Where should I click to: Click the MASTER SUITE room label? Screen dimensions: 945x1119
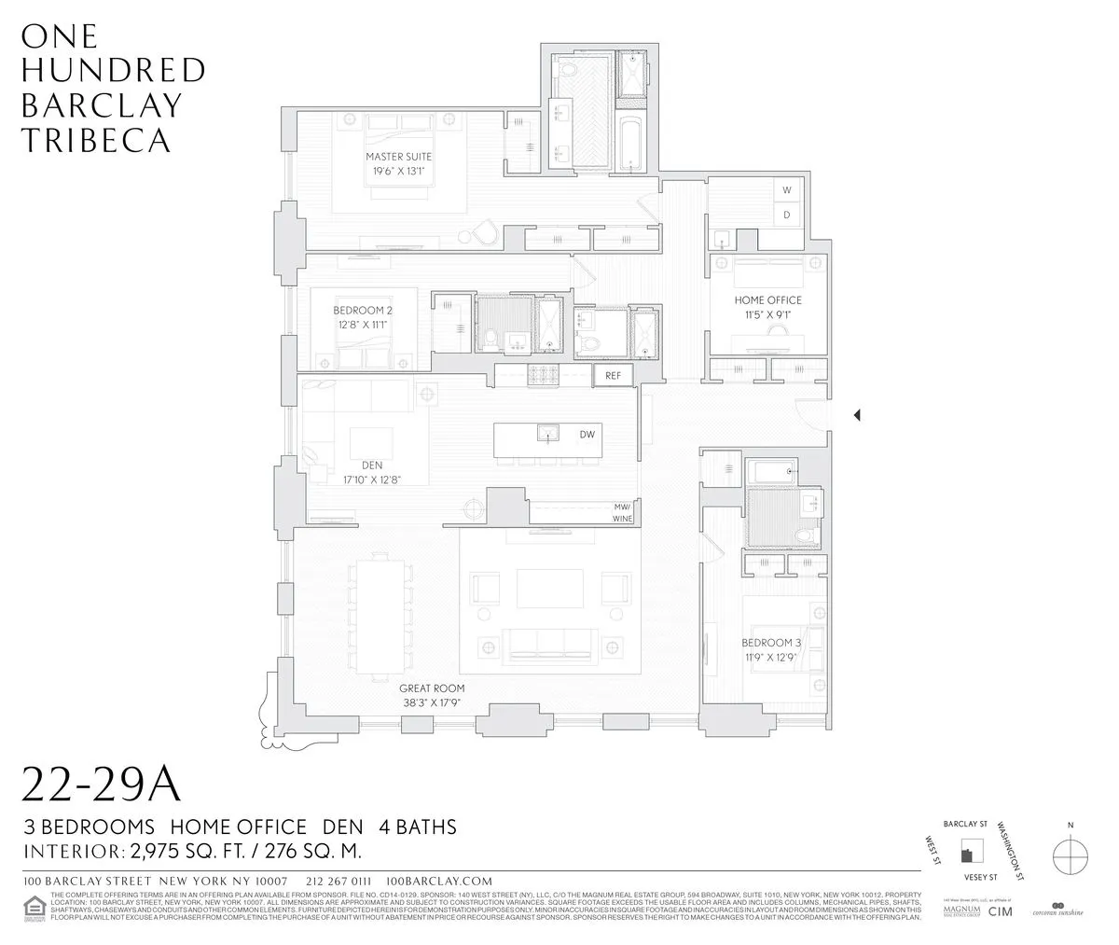pos(398,157)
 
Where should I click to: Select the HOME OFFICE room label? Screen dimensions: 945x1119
pos(767,300)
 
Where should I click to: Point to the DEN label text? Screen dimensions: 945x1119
pos(372,465)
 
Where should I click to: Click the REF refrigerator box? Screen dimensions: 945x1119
pos(614,375)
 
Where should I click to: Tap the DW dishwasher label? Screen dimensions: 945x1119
pos(587,435)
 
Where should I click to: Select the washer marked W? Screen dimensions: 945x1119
pos(786,190)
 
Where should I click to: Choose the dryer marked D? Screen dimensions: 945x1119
pos(786,215)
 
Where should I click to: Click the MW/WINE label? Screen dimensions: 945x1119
pos(622,511)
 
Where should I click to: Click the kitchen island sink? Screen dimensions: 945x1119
pos(547,433)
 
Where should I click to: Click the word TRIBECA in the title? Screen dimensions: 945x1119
pos(95,140)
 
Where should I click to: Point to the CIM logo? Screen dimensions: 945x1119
pos(1000,910)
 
